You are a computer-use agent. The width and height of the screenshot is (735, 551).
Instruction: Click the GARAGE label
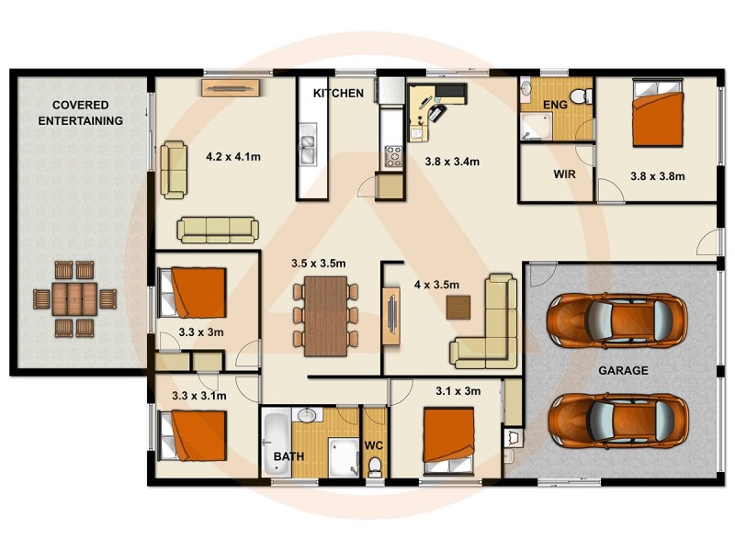(623, 371)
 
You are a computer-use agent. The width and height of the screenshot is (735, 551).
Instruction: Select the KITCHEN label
(338, 94)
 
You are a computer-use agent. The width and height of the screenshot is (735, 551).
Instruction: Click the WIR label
(564, 174)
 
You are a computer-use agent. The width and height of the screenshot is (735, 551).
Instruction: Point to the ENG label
(555, 105)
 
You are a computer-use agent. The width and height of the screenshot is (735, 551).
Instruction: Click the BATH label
(288, 456)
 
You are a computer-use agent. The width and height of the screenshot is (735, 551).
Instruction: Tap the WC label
(374, 446)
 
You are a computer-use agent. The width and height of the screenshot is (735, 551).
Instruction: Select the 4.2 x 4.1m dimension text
(233, 156)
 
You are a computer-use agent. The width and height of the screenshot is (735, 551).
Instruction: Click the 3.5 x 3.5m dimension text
(318, 264)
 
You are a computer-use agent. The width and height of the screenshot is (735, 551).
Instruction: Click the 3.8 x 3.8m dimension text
(657, 175)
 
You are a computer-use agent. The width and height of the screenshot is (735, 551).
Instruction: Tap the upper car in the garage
(616, 318)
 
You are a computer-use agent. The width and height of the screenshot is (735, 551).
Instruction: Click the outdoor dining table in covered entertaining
(75, 298)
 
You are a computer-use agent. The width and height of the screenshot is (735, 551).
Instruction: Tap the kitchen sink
(306, 145)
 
